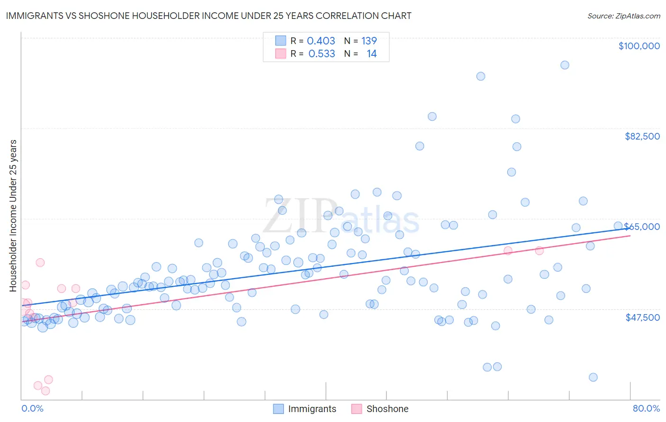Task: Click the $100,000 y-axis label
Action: pos(639,46)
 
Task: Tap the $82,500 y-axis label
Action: pos(642,136)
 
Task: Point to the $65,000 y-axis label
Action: pos(642,227)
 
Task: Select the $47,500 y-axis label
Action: pos(642,317)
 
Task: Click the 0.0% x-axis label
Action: pos(32,408)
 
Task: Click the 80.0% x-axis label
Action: pos(646,408)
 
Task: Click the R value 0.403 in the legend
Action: pos(321,41)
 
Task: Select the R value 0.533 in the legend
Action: pos(322,54)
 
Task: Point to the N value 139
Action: pos(369,41)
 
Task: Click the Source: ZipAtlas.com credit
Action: pos(623,16)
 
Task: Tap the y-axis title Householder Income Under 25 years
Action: pos(13,216)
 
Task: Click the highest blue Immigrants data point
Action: pos(565,65)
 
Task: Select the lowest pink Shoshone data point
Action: pos(45,391)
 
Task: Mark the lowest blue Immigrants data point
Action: pos(593,377)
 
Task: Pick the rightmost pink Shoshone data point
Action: pos(539,251)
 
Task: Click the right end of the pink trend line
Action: pos(630,235)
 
